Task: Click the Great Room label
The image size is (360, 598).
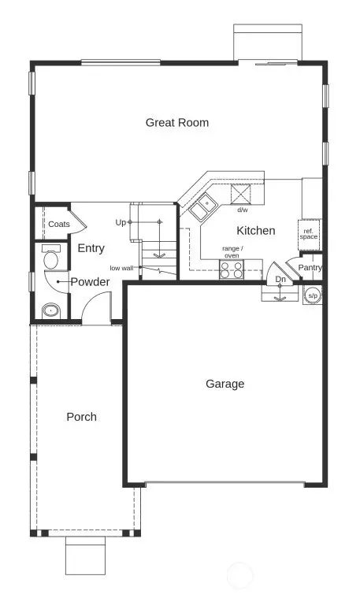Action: point(177,122)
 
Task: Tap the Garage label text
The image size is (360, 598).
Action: point(225,384)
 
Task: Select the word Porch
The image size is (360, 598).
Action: point(81,416)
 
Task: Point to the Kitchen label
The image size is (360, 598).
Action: point(256,231)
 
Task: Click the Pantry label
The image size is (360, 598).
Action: point(310,268)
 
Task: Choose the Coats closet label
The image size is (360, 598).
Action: point(59,224)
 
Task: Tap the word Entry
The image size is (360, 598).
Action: point(91,248)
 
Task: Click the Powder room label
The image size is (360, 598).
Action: point(90,281)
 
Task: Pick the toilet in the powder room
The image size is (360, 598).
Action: point(52,258)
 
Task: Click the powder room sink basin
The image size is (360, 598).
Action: point(51,310)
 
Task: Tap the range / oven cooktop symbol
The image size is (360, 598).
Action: point(232,269)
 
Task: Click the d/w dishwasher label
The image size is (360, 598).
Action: point(243,210)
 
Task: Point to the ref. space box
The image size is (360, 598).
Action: point(309,232)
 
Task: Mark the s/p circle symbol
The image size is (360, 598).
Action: point(313,295)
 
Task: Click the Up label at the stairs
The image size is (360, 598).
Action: point(121,222)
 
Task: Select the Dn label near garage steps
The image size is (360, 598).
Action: point(280,279)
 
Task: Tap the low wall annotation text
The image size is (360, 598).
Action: point(121,268)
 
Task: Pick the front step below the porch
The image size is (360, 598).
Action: point(84,556)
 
